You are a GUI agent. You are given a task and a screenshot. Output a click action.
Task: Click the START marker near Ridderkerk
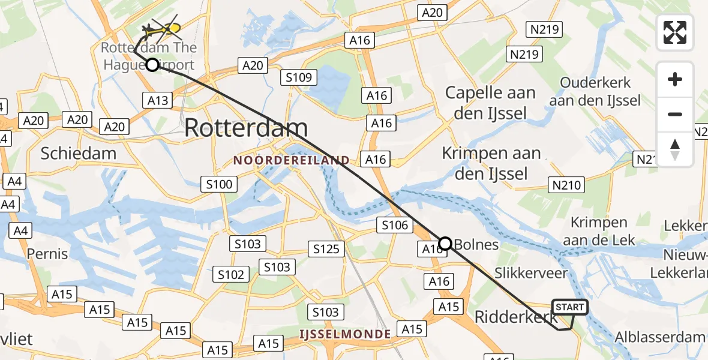[x=569, y=307]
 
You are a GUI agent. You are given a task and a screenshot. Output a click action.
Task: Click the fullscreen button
[x=675, y=32]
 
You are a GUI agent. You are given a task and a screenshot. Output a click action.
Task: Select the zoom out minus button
[x=675, y=114]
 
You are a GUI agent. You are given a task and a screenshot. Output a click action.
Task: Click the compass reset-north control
[x=675, y=149]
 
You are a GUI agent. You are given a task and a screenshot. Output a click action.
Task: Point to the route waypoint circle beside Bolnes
[x=445, y=243]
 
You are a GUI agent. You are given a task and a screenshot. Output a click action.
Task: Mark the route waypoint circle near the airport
[x=152, y=65]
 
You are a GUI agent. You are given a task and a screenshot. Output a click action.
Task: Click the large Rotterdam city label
[x=246, y=128]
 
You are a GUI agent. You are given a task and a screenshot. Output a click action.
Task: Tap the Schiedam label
[x=79, y=153]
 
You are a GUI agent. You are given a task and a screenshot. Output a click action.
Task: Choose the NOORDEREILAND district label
[x=292, y=160]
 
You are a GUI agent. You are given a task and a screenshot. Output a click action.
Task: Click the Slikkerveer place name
[x=531, y=273]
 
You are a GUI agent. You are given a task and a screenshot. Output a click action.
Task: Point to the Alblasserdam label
[x=664, y=337]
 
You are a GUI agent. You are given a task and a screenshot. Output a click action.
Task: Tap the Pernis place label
[x=47, y=253]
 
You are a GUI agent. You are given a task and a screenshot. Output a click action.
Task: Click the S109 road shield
[x=298, y=77]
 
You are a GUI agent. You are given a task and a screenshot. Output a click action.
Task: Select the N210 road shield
[x=567, y=185]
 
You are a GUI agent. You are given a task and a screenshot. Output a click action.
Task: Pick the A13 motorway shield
[x=157, y=100]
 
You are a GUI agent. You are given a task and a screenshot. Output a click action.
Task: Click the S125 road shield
[x=326, y=248]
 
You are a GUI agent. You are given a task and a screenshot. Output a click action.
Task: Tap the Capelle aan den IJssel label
[x=490, y=102]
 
